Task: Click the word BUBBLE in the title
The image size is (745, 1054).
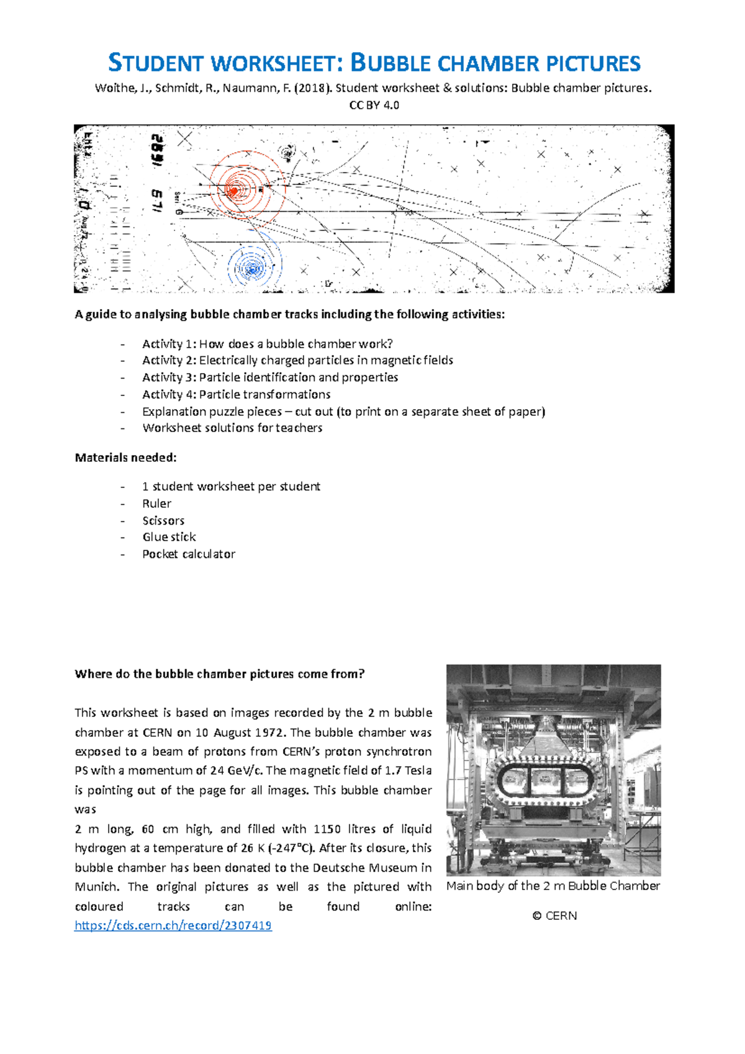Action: pyautogui.click(x=391, y=63)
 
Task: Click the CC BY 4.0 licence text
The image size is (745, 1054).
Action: pyautogui.click(x=374, y=105)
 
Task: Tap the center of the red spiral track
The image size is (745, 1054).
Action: pyautogui.click(x=234, y=191)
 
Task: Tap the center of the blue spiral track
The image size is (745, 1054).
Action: pyautogui.click(x=252, y=269)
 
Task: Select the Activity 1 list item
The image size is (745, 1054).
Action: pyautogui.click(x=267, y=344)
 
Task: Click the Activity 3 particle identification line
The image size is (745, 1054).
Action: pyautogui.click(x=270, y=377)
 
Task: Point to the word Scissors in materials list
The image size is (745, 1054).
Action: pyautogui.click(x=163, y=521)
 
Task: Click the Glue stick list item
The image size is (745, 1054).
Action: pyautogui.click(x=169, y=537)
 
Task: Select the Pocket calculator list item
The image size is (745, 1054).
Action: pyautogui.click(x=189, y=554)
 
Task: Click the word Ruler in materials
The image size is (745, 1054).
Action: pyautogui.click(x=156, y=503)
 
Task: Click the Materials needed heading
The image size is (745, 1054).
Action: pyautogui.click(x=126, y=457)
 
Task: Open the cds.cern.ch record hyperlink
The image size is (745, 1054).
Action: pyautogui.click(x=173, y=926)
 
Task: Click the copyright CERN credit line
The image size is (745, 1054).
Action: pyautogui.click(x=554, y=916)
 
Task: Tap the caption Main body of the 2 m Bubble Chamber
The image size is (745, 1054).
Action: pyautogui.click(x=553, y=886)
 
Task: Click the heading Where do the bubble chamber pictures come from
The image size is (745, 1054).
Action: pyautogui.click(x=220, y=674)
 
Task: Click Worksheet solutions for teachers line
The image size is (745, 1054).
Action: pyautogui.click(x=232, y=428)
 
